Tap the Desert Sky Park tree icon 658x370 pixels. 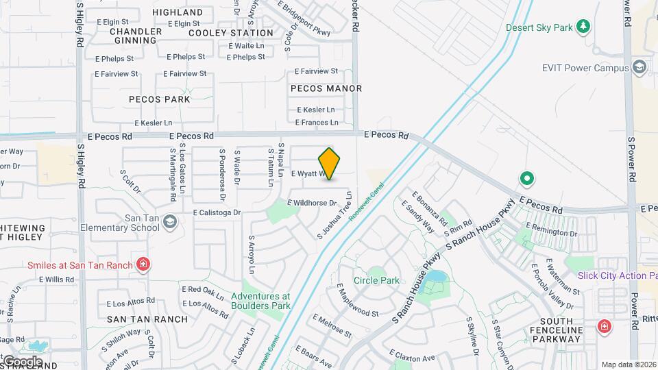pyautogui.click(x=583, y=27)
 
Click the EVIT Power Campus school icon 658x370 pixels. pyautogui.click(x=639, y=67)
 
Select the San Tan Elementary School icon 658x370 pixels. pyautogui.click(x=170, y=221)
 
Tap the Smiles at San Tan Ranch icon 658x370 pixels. pyautogui.click(x=143, y=264)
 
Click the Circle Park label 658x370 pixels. pyautogui.click(x=376, y=280)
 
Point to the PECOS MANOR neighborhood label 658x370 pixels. pyautogui.click(x=326, y=88)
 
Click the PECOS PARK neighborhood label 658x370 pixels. pyautogui.click(x=160, y=99)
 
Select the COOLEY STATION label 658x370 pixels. pyautogui.click(x=231, y=33)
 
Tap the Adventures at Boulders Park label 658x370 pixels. pyautogui.click(x=260, y=301)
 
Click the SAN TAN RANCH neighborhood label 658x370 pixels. pyautogui.click(x=147, y=319)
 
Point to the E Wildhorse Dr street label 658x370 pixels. pyautogui.click(x=312, y=203)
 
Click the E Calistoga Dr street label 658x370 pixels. pyautogui.click(x=217, y=212)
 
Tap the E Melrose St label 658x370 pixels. pyautogui.click(x=332, y=326)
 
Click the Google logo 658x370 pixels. pyautogui.click(x=23, y=361)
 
